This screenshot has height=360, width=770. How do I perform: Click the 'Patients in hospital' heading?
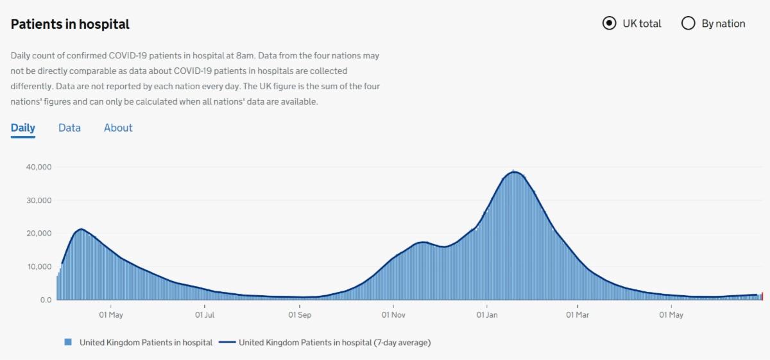[70, 24]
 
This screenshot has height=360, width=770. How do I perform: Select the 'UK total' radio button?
[609, 24]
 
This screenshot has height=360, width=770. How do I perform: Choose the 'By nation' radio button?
[688, 24]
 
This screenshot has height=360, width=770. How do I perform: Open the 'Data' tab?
[69, 128]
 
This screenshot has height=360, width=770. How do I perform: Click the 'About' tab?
[118, 128]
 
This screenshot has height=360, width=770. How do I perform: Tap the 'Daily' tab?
[23, 128]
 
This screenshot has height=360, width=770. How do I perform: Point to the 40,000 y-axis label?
[38, 167]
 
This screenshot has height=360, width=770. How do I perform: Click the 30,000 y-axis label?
[38, 200]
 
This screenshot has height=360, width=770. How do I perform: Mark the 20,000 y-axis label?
[38, 234]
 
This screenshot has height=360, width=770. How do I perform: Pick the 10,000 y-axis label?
[38, 267]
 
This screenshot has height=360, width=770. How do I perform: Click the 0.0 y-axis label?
[45, 300]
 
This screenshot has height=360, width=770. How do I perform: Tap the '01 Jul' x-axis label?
[205, 315]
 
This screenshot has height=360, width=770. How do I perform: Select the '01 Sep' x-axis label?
[300, 315]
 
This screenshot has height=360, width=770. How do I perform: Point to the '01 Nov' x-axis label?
[393, 315]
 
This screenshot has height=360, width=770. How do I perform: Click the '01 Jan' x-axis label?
[487, 315]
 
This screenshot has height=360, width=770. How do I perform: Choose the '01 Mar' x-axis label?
[577, 315]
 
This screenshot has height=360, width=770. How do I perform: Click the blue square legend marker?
[68, 343]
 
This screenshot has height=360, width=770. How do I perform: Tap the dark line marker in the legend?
[227, 343]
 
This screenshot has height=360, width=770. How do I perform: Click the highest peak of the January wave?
[513, 171]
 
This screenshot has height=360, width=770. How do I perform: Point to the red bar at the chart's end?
[762, 296]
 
